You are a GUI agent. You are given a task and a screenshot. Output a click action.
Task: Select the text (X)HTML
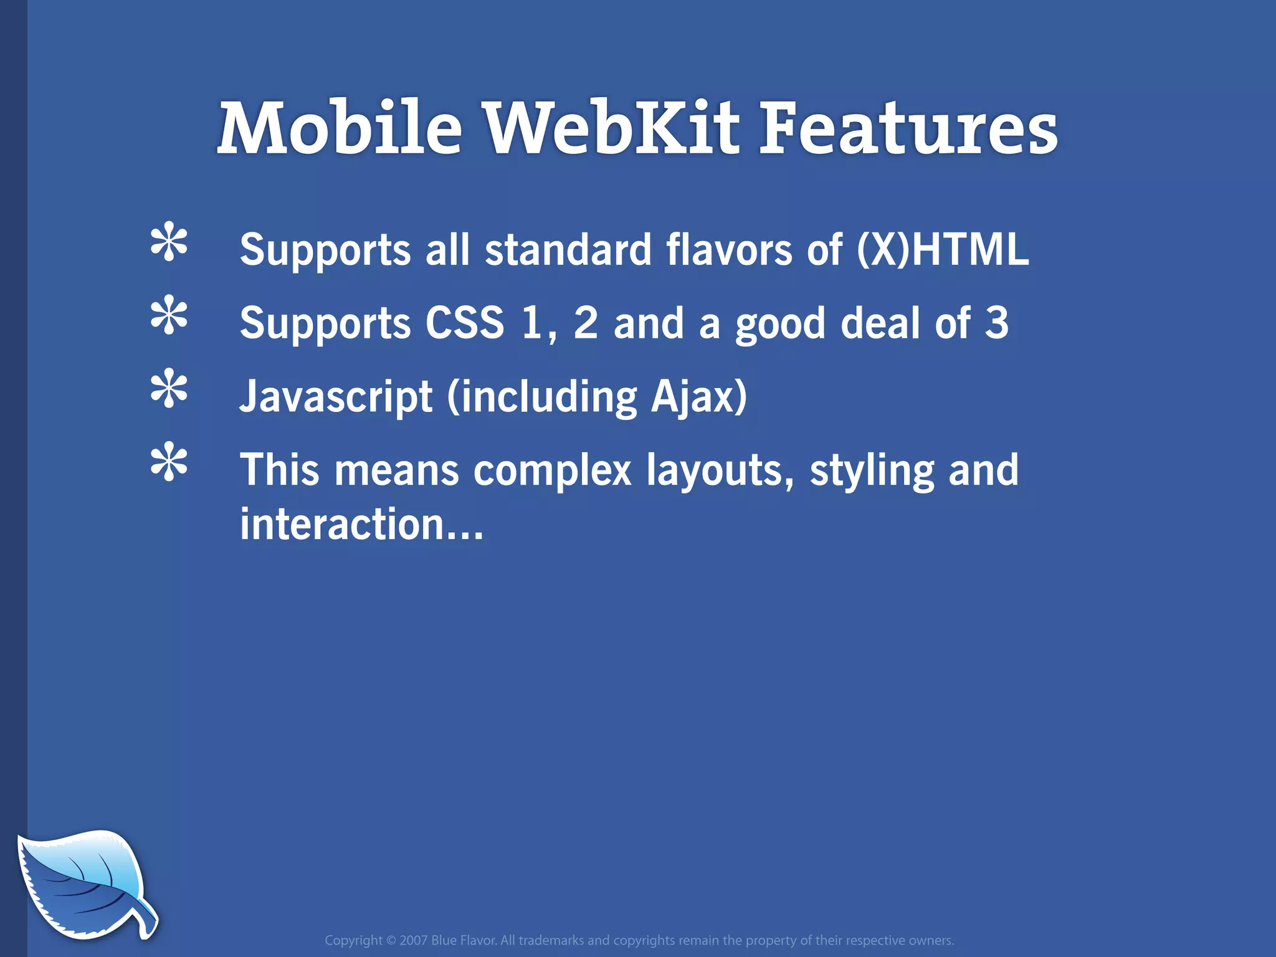(943, 249)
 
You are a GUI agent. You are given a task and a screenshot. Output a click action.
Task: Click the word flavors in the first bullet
(729, 249)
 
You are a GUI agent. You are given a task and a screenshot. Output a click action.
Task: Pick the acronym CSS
(465, 323)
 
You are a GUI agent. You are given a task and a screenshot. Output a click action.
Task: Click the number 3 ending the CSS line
(996, 323)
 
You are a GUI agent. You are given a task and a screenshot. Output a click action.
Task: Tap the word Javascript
(336, 397)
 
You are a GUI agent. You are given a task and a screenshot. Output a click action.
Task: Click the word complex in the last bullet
(552, 470)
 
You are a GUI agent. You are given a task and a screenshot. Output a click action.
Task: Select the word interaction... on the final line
(361, 524)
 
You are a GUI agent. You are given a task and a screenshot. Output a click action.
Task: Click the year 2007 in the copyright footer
(414, 940)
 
